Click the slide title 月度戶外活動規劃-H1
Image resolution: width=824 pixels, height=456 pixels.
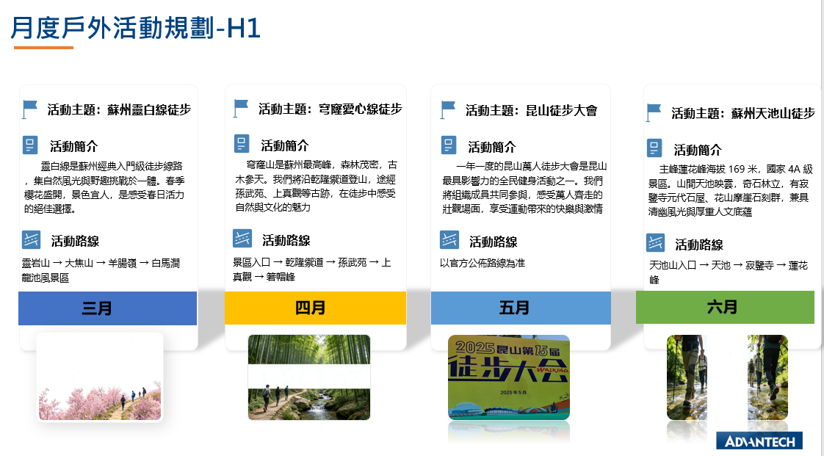(136, 29)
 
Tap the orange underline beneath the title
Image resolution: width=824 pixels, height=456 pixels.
(43, 48)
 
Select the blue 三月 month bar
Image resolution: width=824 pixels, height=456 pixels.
(108, 308)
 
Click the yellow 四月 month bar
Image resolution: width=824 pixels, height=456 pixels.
(315, 308)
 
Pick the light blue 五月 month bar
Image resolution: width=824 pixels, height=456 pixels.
(521, 308)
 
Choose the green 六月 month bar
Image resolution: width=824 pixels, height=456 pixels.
(725, 308)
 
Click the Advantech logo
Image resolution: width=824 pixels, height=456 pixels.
(759, 441)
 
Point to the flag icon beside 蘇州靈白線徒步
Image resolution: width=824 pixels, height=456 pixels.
(30, 109)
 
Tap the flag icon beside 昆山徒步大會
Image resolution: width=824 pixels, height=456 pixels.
(448, 110)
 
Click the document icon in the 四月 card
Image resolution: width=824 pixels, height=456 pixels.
(242, 144)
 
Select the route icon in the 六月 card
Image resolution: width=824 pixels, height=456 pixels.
(655, 243)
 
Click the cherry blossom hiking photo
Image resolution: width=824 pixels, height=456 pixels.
(100, 377)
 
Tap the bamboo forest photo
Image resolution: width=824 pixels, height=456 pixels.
(309, 377)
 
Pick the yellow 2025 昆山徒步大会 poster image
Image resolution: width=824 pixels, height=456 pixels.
(509, 377)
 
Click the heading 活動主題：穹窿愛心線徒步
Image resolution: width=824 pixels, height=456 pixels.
(330, 109)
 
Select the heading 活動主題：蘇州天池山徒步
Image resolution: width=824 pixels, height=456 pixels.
(743, 113)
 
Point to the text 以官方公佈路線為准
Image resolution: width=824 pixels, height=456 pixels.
(483, 263)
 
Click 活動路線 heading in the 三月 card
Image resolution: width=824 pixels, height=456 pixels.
(75, 241)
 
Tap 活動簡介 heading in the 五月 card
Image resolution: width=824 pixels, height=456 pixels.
(492, 147)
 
